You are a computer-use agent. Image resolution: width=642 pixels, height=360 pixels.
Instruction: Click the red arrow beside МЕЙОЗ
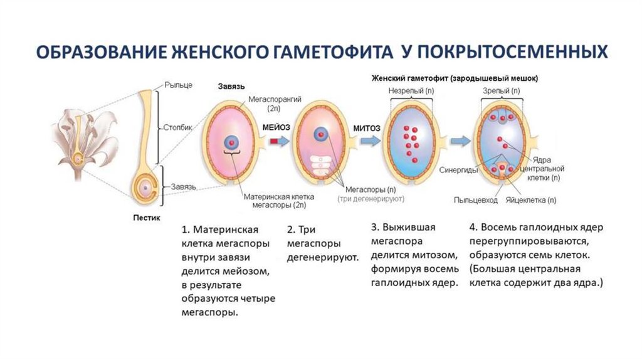[x=275, y=142]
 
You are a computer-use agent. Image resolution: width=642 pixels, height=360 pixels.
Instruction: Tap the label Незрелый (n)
[x=411, y=91]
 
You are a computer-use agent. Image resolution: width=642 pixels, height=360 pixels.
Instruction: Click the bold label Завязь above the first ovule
[x=231, y=85]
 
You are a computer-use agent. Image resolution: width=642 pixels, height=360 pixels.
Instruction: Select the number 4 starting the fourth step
[x=473, y=228]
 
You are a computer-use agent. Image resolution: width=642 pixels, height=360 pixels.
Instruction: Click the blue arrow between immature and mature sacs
[x=460, y=139]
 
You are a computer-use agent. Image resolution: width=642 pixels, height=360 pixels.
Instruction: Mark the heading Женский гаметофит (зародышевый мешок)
[x=455, y=78]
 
